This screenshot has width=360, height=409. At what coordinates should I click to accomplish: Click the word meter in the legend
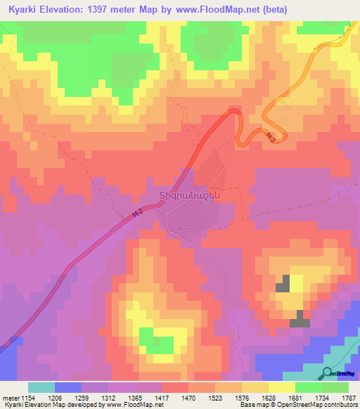[11, 397]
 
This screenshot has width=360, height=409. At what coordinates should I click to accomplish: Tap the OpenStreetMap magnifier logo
[328, 373]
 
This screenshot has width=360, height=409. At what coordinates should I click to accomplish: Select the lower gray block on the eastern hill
[300, 319]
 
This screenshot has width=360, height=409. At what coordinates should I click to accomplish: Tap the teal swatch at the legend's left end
[41, 387]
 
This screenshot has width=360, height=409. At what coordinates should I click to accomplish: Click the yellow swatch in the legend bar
[282, 387]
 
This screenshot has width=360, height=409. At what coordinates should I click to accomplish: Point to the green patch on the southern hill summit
[148, 337]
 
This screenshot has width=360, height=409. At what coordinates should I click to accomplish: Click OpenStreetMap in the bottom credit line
[285, 405]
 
